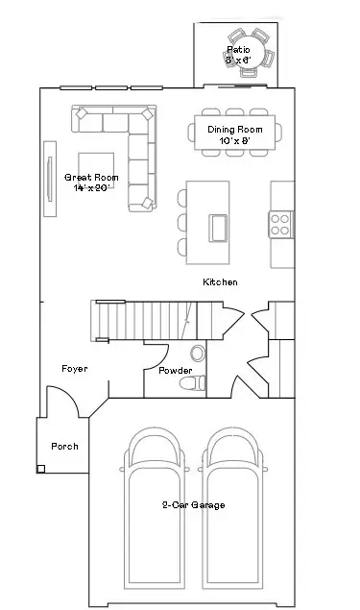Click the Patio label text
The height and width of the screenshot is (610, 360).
pos(237,49)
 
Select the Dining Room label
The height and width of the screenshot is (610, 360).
pos(234,129)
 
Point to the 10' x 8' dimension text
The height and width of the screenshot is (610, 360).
pos(234,140)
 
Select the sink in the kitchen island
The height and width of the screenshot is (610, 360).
pos(219,228)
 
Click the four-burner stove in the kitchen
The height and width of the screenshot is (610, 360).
pos(281,225)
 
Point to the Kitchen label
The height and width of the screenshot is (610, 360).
pos(220,282)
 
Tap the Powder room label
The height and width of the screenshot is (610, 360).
pos(175,371)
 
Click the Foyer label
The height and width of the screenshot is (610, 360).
pos(75,369)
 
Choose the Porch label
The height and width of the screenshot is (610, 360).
pos(64,447)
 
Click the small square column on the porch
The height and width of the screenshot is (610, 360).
pos(42,469)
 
